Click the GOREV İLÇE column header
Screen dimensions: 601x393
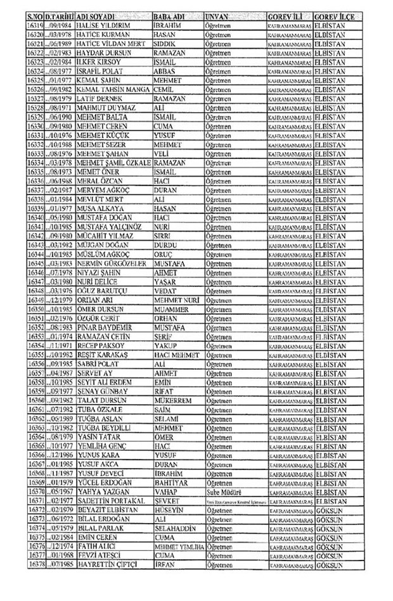pos(334,14)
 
